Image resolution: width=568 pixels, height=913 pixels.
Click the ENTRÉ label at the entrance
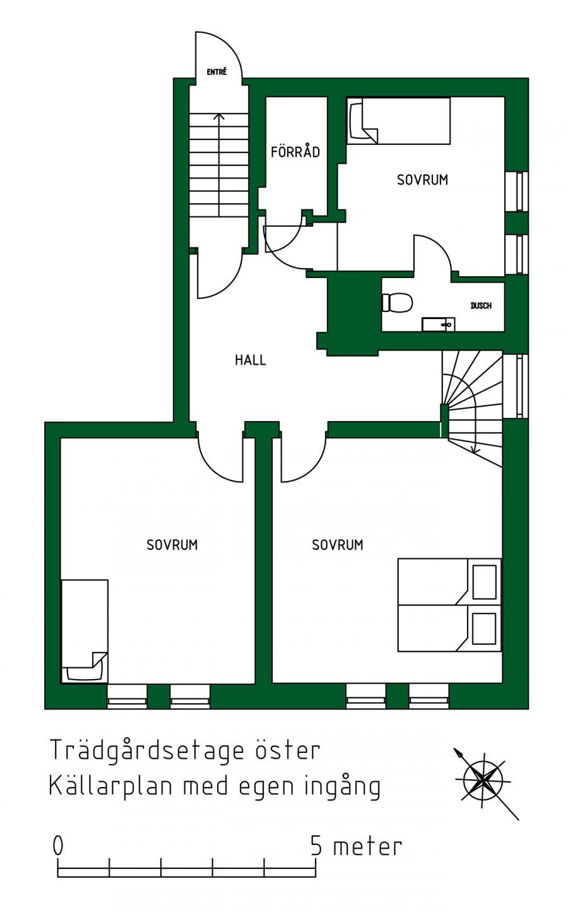216,72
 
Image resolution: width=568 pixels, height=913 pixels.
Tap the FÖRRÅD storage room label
295,152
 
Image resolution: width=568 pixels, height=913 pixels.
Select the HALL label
251,360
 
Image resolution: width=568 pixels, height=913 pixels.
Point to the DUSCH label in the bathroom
481,306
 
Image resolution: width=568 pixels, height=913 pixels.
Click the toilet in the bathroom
397,303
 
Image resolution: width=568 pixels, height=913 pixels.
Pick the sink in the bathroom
438,325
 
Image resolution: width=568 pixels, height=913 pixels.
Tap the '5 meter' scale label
356,847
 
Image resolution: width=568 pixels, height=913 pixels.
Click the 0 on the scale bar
58,846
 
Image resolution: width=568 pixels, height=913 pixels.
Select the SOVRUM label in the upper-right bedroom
422,180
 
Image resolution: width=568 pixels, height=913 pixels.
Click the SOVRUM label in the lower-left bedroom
172,545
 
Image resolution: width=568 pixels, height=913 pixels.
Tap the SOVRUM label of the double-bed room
338,545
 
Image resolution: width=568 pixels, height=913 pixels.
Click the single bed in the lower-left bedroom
85,631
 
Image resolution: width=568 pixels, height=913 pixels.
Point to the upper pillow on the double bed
484,581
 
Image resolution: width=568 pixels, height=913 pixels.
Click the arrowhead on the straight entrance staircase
220,117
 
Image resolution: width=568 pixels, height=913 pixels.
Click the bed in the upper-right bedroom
399,120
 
